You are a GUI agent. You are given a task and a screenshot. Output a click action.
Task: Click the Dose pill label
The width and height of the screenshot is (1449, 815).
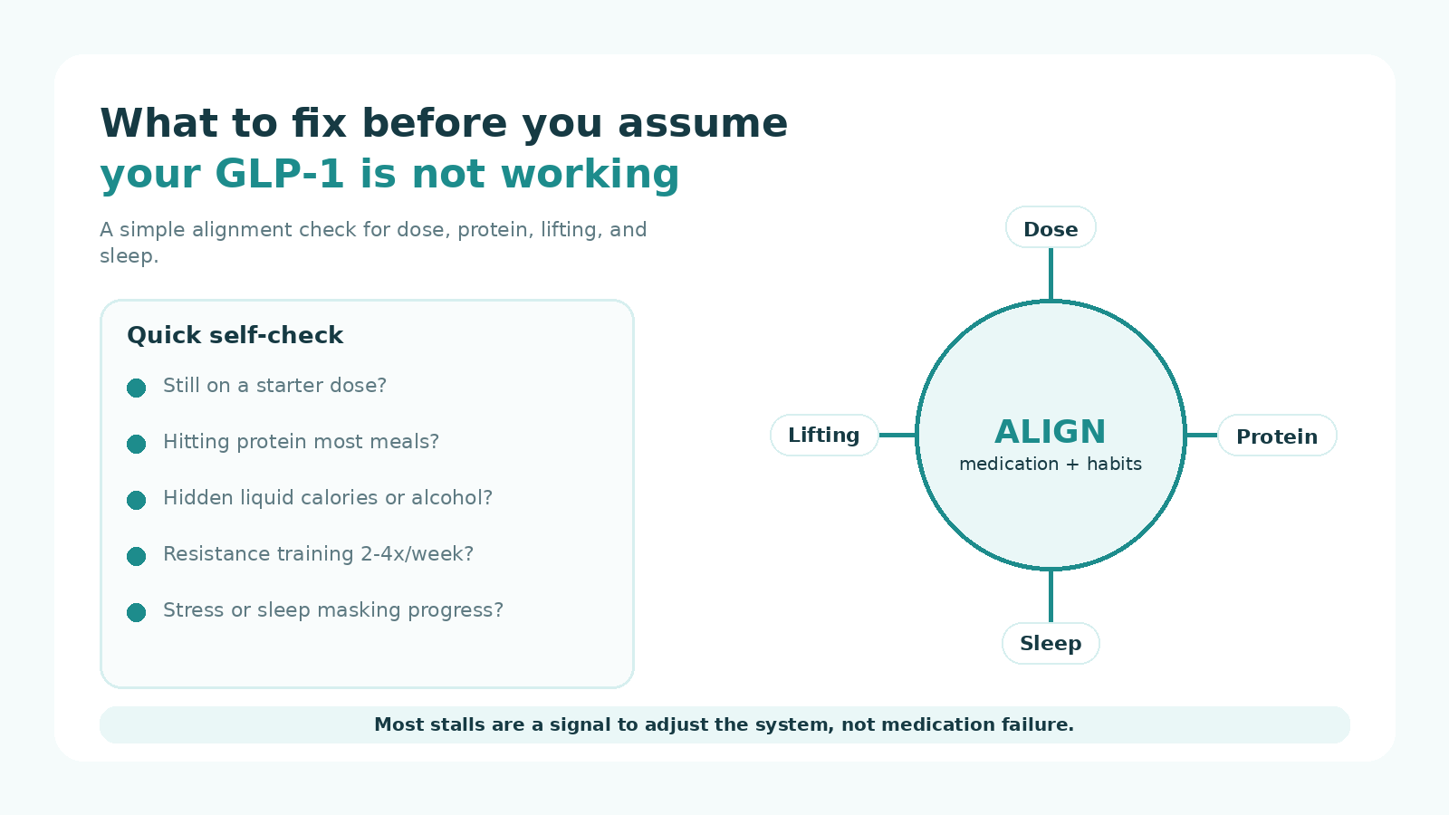(x=1051, y=227)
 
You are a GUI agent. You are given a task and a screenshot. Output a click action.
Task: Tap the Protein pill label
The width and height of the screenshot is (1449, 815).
(x=1277, y=436)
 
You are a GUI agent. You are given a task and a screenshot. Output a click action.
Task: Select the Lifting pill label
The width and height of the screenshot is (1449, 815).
(x=824, y=436)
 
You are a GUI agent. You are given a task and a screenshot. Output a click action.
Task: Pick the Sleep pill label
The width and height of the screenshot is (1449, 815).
(x=1051, y=644)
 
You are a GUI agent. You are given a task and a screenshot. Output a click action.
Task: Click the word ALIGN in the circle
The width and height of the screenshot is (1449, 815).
(x=1051, y=431)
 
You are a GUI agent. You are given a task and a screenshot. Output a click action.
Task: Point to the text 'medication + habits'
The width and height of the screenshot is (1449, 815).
(x=1051, y=464)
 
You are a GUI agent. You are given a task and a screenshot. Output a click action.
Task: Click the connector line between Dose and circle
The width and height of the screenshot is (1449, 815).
(x=1051, y=274)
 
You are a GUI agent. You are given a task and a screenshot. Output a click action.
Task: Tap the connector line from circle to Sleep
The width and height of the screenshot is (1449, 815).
(x=1051, y=597)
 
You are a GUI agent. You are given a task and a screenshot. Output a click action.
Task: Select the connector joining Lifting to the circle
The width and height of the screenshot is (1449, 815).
(x=897, y=436)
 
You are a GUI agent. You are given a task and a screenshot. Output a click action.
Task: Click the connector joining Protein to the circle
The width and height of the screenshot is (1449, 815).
(x=1202, y=436)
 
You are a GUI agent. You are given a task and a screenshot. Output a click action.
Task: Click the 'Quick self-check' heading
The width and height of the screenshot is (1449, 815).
(x=235, y=335)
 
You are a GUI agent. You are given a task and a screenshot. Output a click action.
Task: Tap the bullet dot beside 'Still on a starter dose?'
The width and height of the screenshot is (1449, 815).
(x=136, y=388)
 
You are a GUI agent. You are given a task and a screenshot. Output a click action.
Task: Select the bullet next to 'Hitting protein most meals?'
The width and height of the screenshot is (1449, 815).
(x=136, y=444)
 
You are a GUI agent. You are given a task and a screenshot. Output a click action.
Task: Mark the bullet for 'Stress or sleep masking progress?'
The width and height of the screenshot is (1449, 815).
(x=136, y=612)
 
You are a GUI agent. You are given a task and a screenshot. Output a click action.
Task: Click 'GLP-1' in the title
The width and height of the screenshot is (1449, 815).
(x=279, y=174)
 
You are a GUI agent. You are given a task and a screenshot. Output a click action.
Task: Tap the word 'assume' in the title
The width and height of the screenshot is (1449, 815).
(x=703, y=123)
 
